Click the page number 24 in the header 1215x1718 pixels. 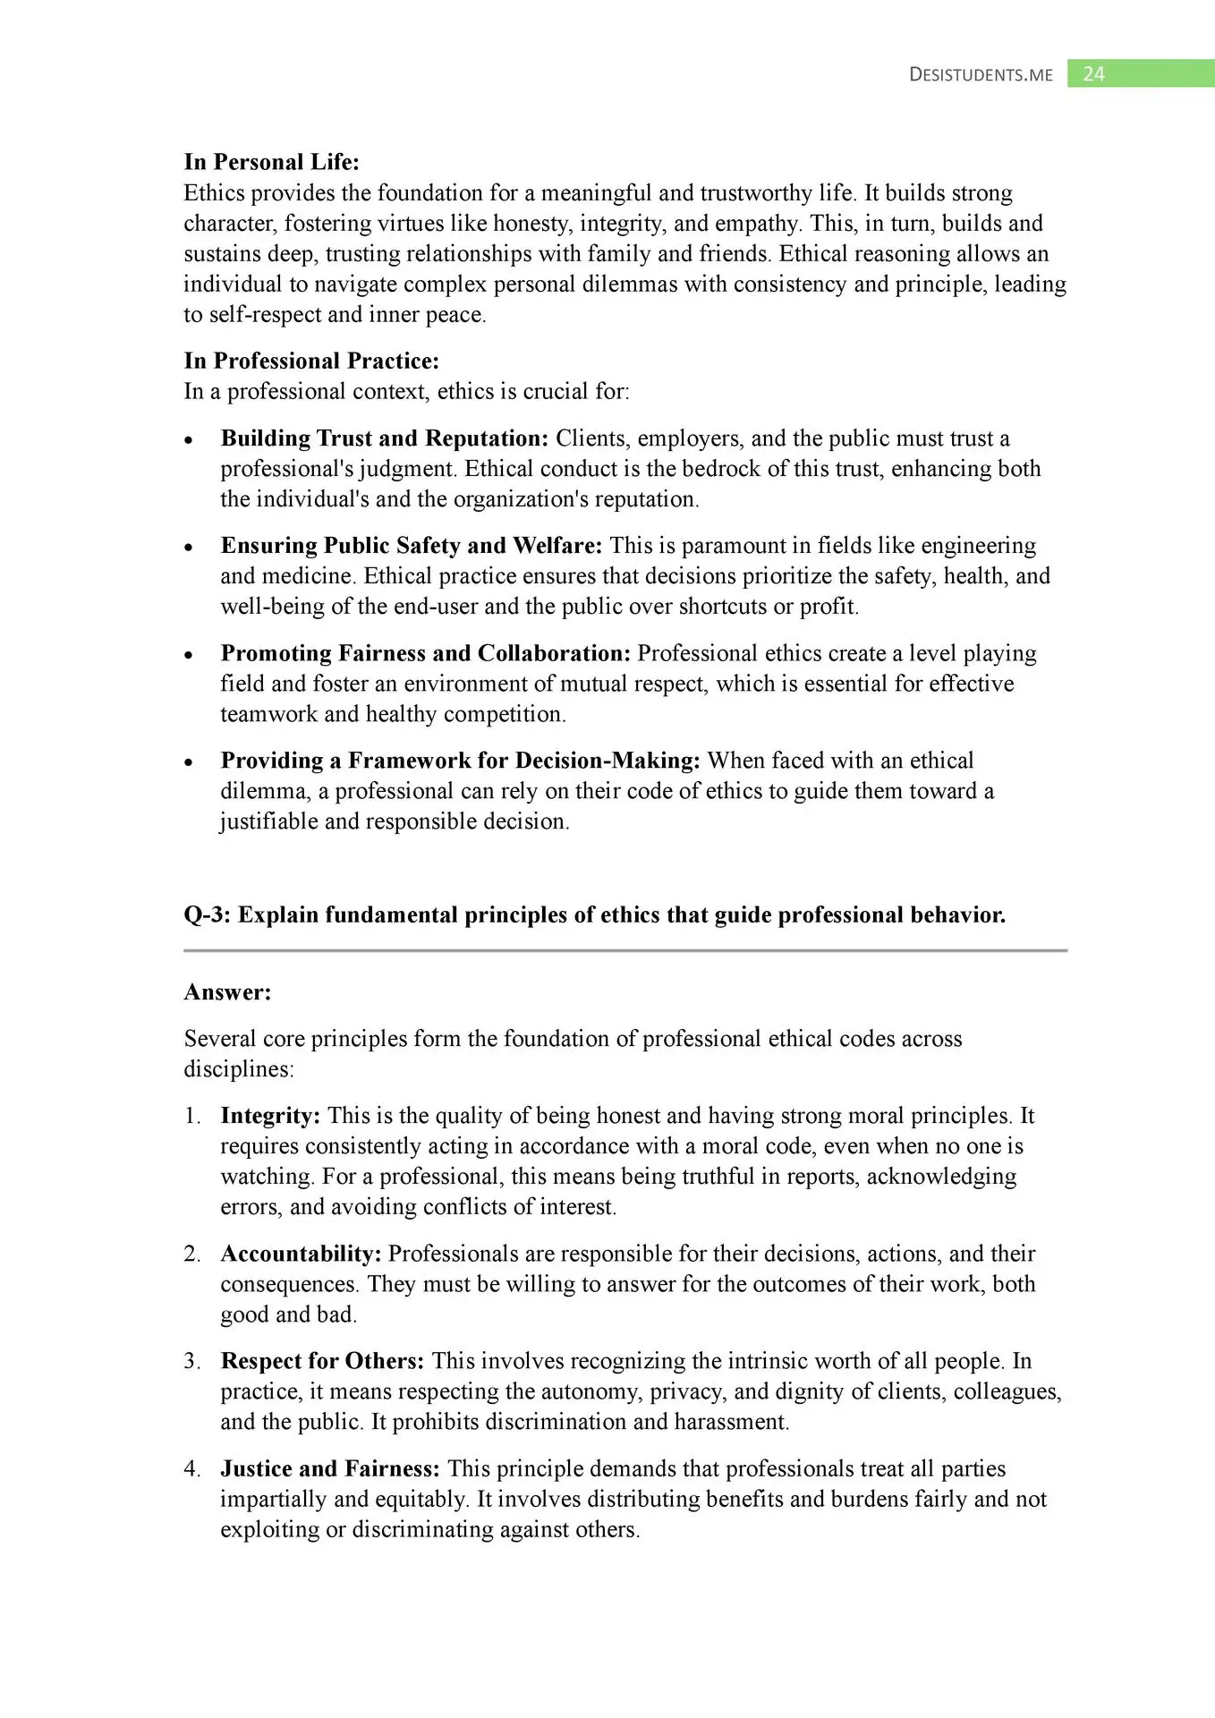[1093, 74]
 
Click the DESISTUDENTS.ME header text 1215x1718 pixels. [981, 75]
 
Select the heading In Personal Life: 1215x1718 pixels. [271, 162]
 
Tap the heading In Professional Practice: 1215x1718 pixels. [311, 361]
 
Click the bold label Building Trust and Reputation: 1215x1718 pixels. [384, 438]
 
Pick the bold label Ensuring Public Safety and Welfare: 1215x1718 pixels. [412, 546]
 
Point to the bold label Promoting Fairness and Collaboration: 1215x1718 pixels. [426, 653]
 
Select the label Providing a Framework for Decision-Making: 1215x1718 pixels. [460, 761]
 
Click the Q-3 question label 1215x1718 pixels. [207, 914]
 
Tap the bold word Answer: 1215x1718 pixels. [227, 992]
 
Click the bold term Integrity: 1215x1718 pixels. [270, 1116]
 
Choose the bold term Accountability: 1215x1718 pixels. [301, 1254]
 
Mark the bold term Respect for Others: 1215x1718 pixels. [322, 1361]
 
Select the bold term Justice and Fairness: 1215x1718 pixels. [330, 1468]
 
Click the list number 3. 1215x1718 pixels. [191, 1361]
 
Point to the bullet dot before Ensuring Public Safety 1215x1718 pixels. [189, 548]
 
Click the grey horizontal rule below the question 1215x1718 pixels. [625, 950]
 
